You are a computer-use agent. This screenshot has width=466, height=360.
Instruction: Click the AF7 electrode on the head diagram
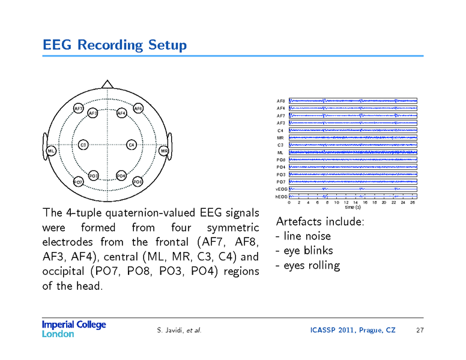[x=79, y=109]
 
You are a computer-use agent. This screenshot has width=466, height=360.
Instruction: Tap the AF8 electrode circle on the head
[x=138, y=109]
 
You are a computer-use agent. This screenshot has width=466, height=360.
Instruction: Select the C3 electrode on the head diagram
[x=83, y=145]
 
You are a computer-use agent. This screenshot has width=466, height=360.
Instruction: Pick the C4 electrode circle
[x=132, y=145]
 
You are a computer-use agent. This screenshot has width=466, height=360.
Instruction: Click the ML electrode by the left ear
[x=52, y=151]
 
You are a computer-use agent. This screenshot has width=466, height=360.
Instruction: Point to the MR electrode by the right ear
[x=164, y=151]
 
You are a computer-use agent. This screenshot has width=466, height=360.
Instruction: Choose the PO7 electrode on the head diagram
[x=78, y=181]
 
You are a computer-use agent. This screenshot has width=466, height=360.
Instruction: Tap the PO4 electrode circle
[x=121, y=176]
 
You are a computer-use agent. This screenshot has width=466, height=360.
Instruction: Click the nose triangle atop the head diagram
[x=107, y=84]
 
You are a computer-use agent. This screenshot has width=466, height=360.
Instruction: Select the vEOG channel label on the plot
[x=281, y=189]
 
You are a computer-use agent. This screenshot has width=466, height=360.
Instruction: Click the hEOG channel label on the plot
[x=281, y=196]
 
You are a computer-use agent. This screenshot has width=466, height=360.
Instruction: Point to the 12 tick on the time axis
[x=346, y=203]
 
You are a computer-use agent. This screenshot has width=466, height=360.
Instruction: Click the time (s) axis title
[x=353, y=208]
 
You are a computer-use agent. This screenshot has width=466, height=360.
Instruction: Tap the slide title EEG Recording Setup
[x=115, y=45]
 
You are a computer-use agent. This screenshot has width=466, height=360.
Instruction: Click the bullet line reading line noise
[x=303, y=236]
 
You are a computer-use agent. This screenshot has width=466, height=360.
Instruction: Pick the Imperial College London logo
[x=73, y=329]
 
